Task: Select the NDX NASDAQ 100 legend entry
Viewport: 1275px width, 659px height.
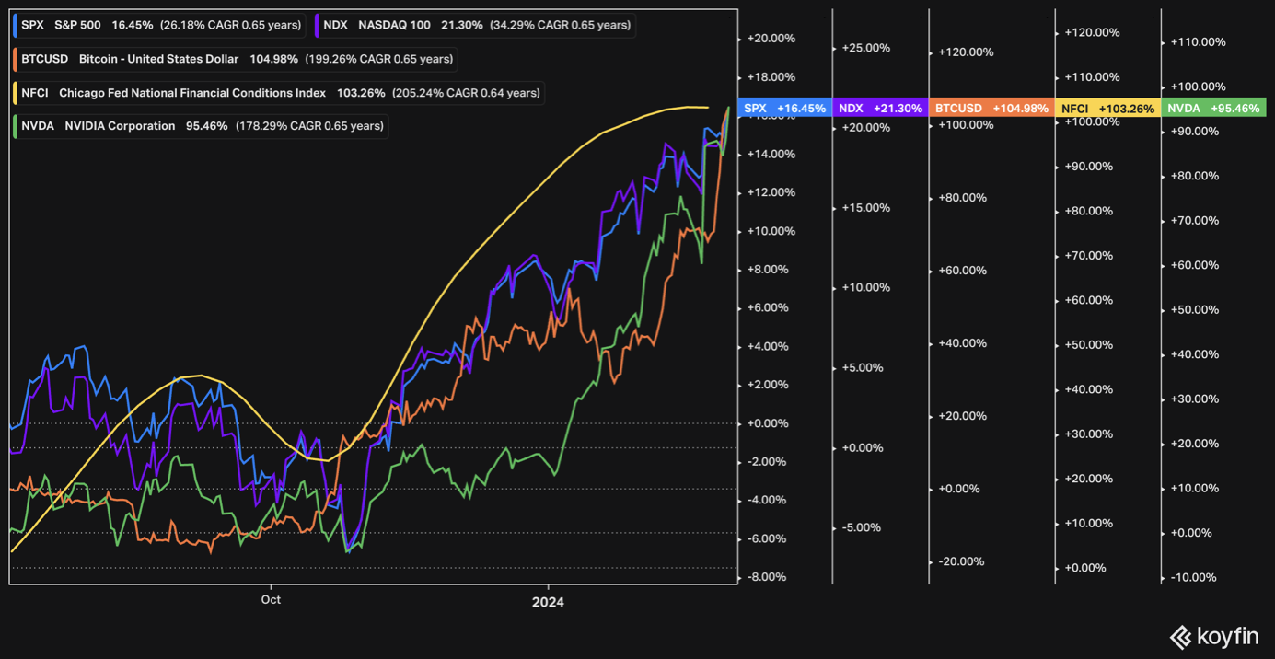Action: coord(475,25)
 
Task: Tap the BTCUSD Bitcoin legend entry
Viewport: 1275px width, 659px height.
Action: coord(236,59)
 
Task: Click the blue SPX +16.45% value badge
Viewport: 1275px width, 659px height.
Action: coord(785,109)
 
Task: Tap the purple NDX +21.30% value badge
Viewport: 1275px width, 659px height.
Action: coord(880,109)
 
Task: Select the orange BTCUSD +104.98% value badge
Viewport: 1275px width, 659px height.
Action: coord(991,109)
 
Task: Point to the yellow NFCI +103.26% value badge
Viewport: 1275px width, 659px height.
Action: coord(1107,109)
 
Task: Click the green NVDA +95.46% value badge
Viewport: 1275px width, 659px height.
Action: coord(1213,109)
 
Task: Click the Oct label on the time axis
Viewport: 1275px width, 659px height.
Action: coord(271,600)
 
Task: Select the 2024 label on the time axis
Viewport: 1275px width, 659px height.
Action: coord(548,602)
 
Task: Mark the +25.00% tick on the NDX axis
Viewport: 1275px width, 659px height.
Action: coord(865,48)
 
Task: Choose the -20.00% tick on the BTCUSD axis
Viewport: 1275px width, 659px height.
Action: coord(962,561)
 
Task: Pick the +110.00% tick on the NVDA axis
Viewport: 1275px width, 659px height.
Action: coord(1198,42)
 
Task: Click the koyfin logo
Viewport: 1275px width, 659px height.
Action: coord(1213,636)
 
